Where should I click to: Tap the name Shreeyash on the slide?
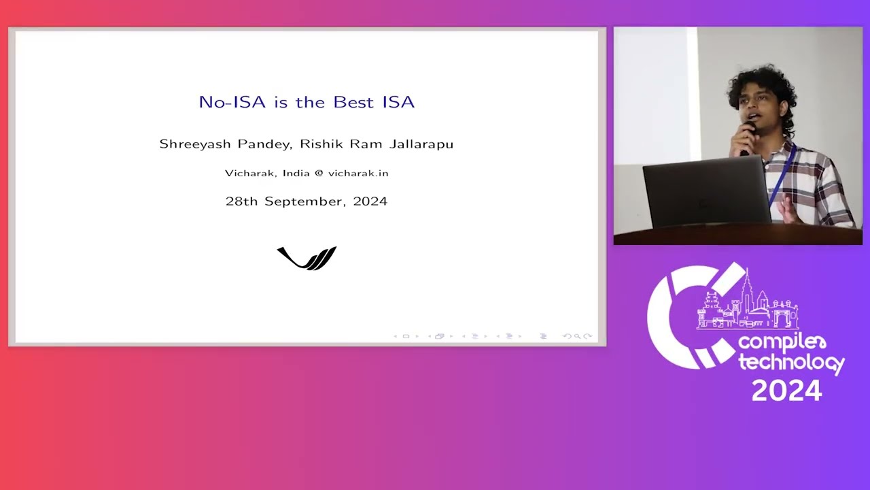(194, 144)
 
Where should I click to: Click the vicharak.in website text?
(358, 173)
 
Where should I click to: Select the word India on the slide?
(296, 173)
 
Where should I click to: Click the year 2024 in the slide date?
(370, 201)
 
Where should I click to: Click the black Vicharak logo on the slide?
(307, 258)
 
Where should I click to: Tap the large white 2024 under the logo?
(786, 391)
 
